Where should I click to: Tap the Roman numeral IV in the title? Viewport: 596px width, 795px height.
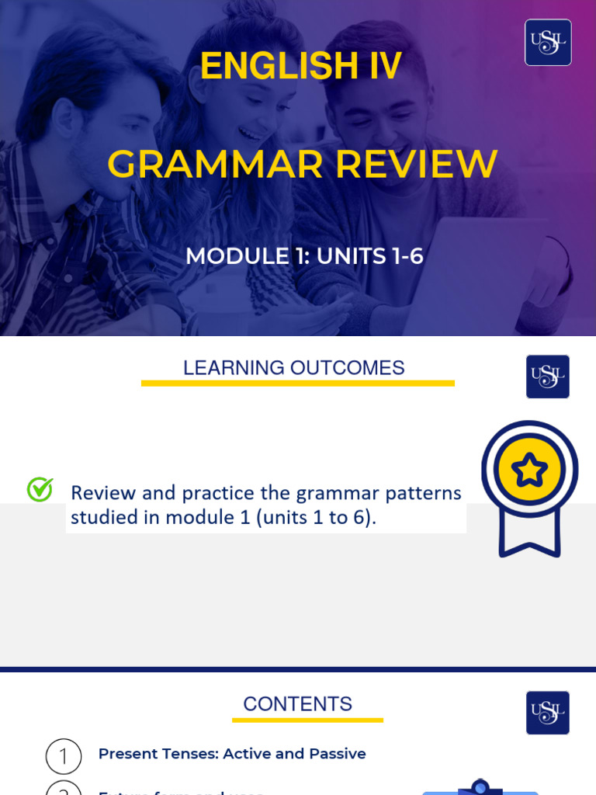(x=385, y=66)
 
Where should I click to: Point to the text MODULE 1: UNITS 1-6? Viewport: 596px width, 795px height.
(x=304, y=256)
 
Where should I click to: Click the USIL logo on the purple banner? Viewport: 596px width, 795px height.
(x=548, y=43)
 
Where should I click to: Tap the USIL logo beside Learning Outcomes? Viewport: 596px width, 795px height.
(x=548, y=377)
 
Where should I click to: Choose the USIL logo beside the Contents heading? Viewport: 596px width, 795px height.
(x=548, y=713)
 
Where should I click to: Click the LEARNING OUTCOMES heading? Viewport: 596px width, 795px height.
(x=293, y=368)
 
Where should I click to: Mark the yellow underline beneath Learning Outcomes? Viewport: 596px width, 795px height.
(x=297, y=383)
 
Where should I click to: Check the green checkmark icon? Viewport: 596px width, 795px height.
(x=40, y=489)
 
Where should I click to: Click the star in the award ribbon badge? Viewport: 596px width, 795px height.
(x=529, y=470)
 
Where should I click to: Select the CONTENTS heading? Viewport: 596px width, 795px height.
(x=297, y=704)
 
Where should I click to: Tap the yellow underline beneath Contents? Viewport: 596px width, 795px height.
(x=307, y=720)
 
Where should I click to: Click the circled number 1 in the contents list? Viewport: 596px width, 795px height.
(x=64, y=756)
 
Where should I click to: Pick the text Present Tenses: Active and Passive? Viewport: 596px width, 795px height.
(x=232, y=754)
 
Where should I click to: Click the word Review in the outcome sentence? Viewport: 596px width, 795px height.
(x=102, y=493)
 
